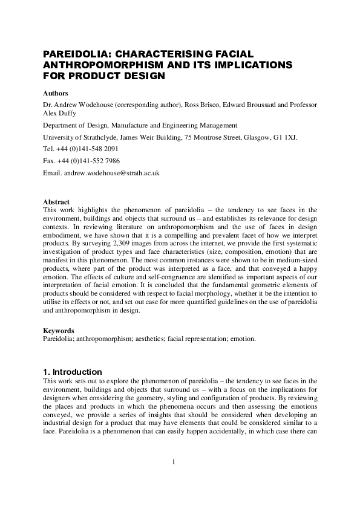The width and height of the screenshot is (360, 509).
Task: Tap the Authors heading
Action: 56,93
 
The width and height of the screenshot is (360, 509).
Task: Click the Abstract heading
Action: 57,202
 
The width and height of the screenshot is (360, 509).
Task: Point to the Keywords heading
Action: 59,331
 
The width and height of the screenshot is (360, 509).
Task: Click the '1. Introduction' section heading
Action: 73,372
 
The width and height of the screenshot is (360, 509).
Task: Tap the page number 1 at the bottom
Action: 174,462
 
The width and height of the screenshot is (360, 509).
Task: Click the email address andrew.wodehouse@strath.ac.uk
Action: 111,172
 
